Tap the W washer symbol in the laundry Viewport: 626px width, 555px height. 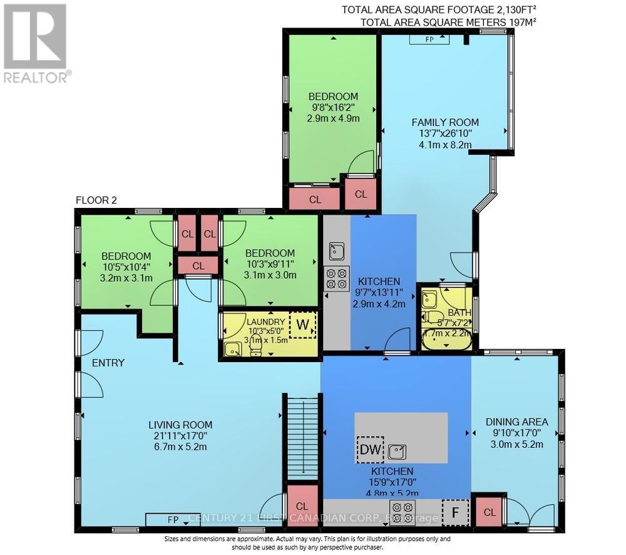303,325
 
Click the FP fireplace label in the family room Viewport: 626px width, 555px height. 429,39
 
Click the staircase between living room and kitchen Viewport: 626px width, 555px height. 302,438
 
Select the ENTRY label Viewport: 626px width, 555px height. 108,363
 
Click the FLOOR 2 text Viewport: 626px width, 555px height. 96,200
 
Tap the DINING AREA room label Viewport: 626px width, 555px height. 517,422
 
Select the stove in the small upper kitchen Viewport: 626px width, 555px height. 336,278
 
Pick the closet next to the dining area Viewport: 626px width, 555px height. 490,512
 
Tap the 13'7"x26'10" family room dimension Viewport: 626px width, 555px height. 444,133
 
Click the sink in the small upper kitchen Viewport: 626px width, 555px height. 336,251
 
